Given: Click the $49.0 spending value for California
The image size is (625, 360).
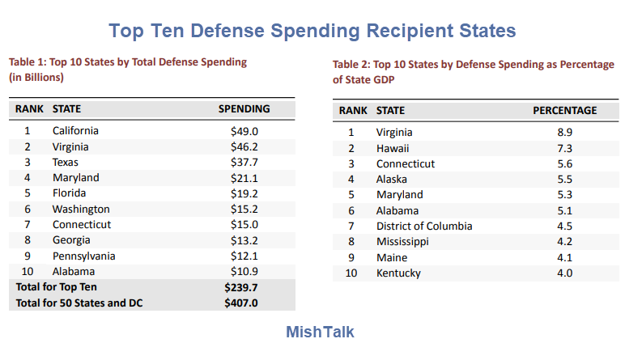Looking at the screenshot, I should (x=244, y=130).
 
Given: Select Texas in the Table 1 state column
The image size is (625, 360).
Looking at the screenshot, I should (x=66, y=162).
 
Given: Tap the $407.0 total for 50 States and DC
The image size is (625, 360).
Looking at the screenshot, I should (x=241, y=303).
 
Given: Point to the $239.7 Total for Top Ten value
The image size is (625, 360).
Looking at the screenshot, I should (x=241, y=287).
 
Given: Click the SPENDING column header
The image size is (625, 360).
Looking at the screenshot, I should (x=244, y=109).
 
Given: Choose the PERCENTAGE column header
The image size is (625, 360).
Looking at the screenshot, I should (x=564, y=111).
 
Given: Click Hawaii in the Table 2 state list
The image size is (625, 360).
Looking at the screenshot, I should (x=393, y=148).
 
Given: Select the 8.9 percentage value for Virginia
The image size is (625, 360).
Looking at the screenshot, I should (x=564, y=133).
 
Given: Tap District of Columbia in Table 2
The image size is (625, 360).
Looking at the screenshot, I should (x=424, y=227).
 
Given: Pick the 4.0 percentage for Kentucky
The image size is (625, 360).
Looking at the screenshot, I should (x=564, y=273).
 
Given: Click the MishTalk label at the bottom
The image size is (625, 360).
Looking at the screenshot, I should (x=320, y=332).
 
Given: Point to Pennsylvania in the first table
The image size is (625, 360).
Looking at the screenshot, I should (x=83, y=256).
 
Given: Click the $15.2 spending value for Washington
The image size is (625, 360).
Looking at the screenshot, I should (x=244, y=209).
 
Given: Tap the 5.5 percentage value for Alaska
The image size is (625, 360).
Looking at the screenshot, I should (x=564, y=180).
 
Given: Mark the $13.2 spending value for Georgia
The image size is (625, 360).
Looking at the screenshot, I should (x=244, y=240).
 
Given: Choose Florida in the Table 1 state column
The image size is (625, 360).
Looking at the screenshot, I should (x=69, y=193).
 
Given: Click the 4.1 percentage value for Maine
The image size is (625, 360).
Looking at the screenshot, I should (x=564, y=257).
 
